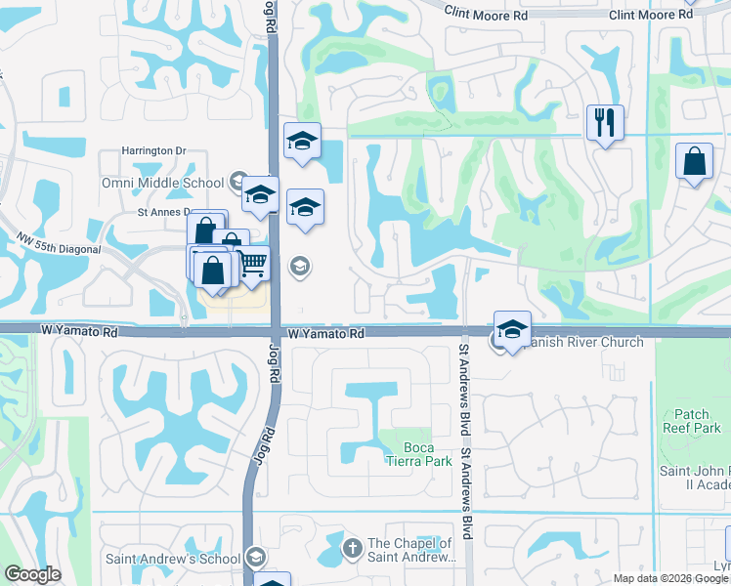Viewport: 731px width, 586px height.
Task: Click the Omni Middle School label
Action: [162, 183]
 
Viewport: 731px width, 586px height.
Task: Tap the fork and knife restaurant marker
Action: [604, 123]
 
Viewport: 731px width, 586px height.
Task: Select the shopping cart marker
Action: [252, 263]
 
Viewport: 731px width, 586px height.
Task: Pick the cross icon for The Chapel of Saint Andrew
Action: [353, 549]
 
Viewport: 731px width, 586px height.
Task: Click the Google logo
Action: [33, 575]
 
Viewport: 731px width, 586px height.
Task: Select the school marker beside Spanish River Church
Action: [512, 330]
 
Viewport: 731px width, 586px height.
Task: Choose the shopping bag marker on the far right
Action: [694, 163]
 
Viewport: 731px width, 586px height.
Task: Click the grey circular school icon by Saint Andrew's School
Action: [255, 557]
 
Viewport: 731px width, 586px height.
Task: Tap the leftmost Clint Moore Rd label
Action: [485, 16]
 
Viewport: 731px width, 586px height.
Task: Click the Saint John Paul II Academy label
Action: [695, 480]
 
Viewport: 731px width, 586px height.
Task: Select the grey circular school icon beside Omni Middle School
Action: [237, 182]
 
